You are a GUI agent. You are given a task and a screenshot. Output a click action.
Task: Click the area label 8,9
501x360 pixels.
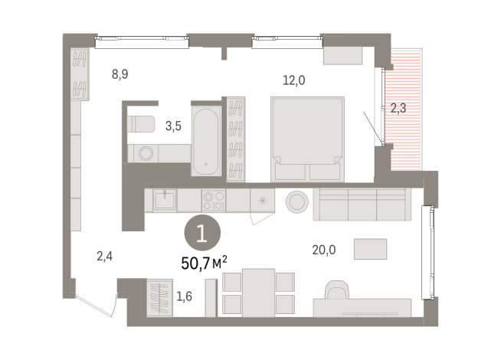coord(120,75)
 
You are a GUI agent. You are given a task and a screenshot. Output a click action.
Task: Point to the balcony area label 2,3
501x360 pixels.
coord(398,108)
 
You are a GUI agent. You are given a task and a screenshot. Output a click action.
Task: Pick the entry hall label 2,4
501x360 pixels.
coord(104,257)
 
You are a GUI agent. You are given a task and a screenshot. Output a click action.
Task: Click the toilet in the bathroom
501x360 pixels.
coord(141,123)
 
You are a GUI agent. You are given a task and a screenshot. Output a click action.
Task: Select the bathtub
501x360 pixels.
coord(206,141)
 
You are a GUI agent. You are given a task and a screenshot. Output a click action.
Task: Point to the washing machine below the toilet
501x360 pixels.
coord(144,153)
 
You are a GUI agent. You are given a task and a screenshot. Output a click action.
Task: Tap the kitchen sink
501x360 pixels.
coord(164,201)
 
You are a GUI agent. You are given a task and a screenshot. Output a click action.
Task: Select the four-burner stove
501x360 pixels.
coord(213,201)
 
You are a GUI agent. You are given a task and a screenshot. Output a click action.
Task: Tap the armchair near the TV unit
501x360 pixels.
coord(336,291)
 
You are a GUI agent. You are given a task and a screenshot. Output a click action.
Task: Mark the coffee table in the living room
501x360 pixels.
coord(370,249)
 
